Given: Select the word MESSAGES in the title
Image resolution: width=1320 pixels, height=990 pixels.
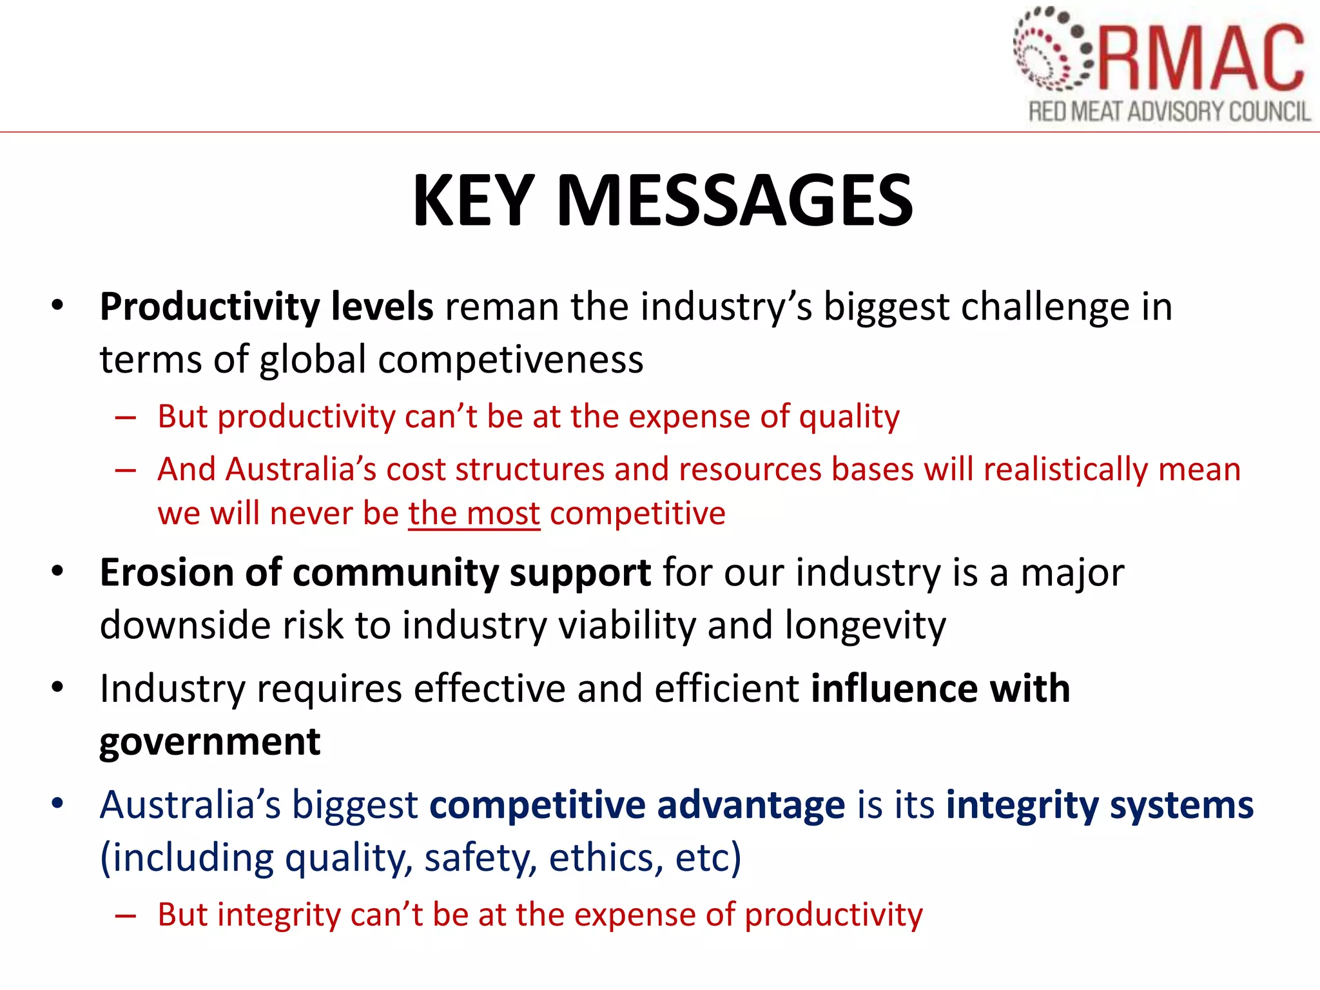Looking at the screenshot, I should pos(734,201).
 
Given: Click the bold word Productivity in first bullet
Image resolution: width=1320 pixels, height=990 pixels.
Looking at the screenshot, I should pos(209,307).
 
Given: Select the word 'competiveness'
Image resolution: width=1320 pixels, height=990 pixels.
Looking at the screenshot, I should pos(510,360).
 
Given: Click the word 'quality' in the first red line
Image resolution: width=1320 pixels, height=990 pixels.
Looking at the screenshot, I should pos(849,417).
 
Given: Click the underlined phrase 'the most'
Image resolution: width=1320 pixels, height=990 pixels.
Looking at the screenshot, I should pos(474,514).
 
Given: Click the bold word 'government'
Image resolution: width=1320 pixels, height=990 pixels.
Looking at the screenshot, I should pos(209,741).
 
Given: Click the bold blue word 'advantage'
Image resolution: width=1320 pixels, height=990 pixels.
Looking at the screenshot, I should pos(751,806).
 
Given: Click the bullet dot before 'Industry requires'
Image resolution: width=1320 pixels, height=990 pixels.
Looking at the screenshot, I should pos(58,687).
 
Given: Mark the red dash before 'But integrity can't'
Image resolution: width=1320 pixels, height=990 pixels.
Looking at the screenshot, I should pos(126,916).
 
